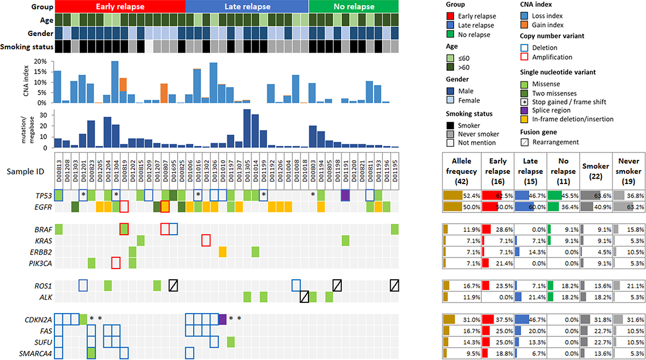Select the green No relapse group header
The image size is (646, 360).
click(354, 7)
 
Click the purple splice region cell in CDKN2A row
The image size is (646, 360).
click(222, 319)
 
